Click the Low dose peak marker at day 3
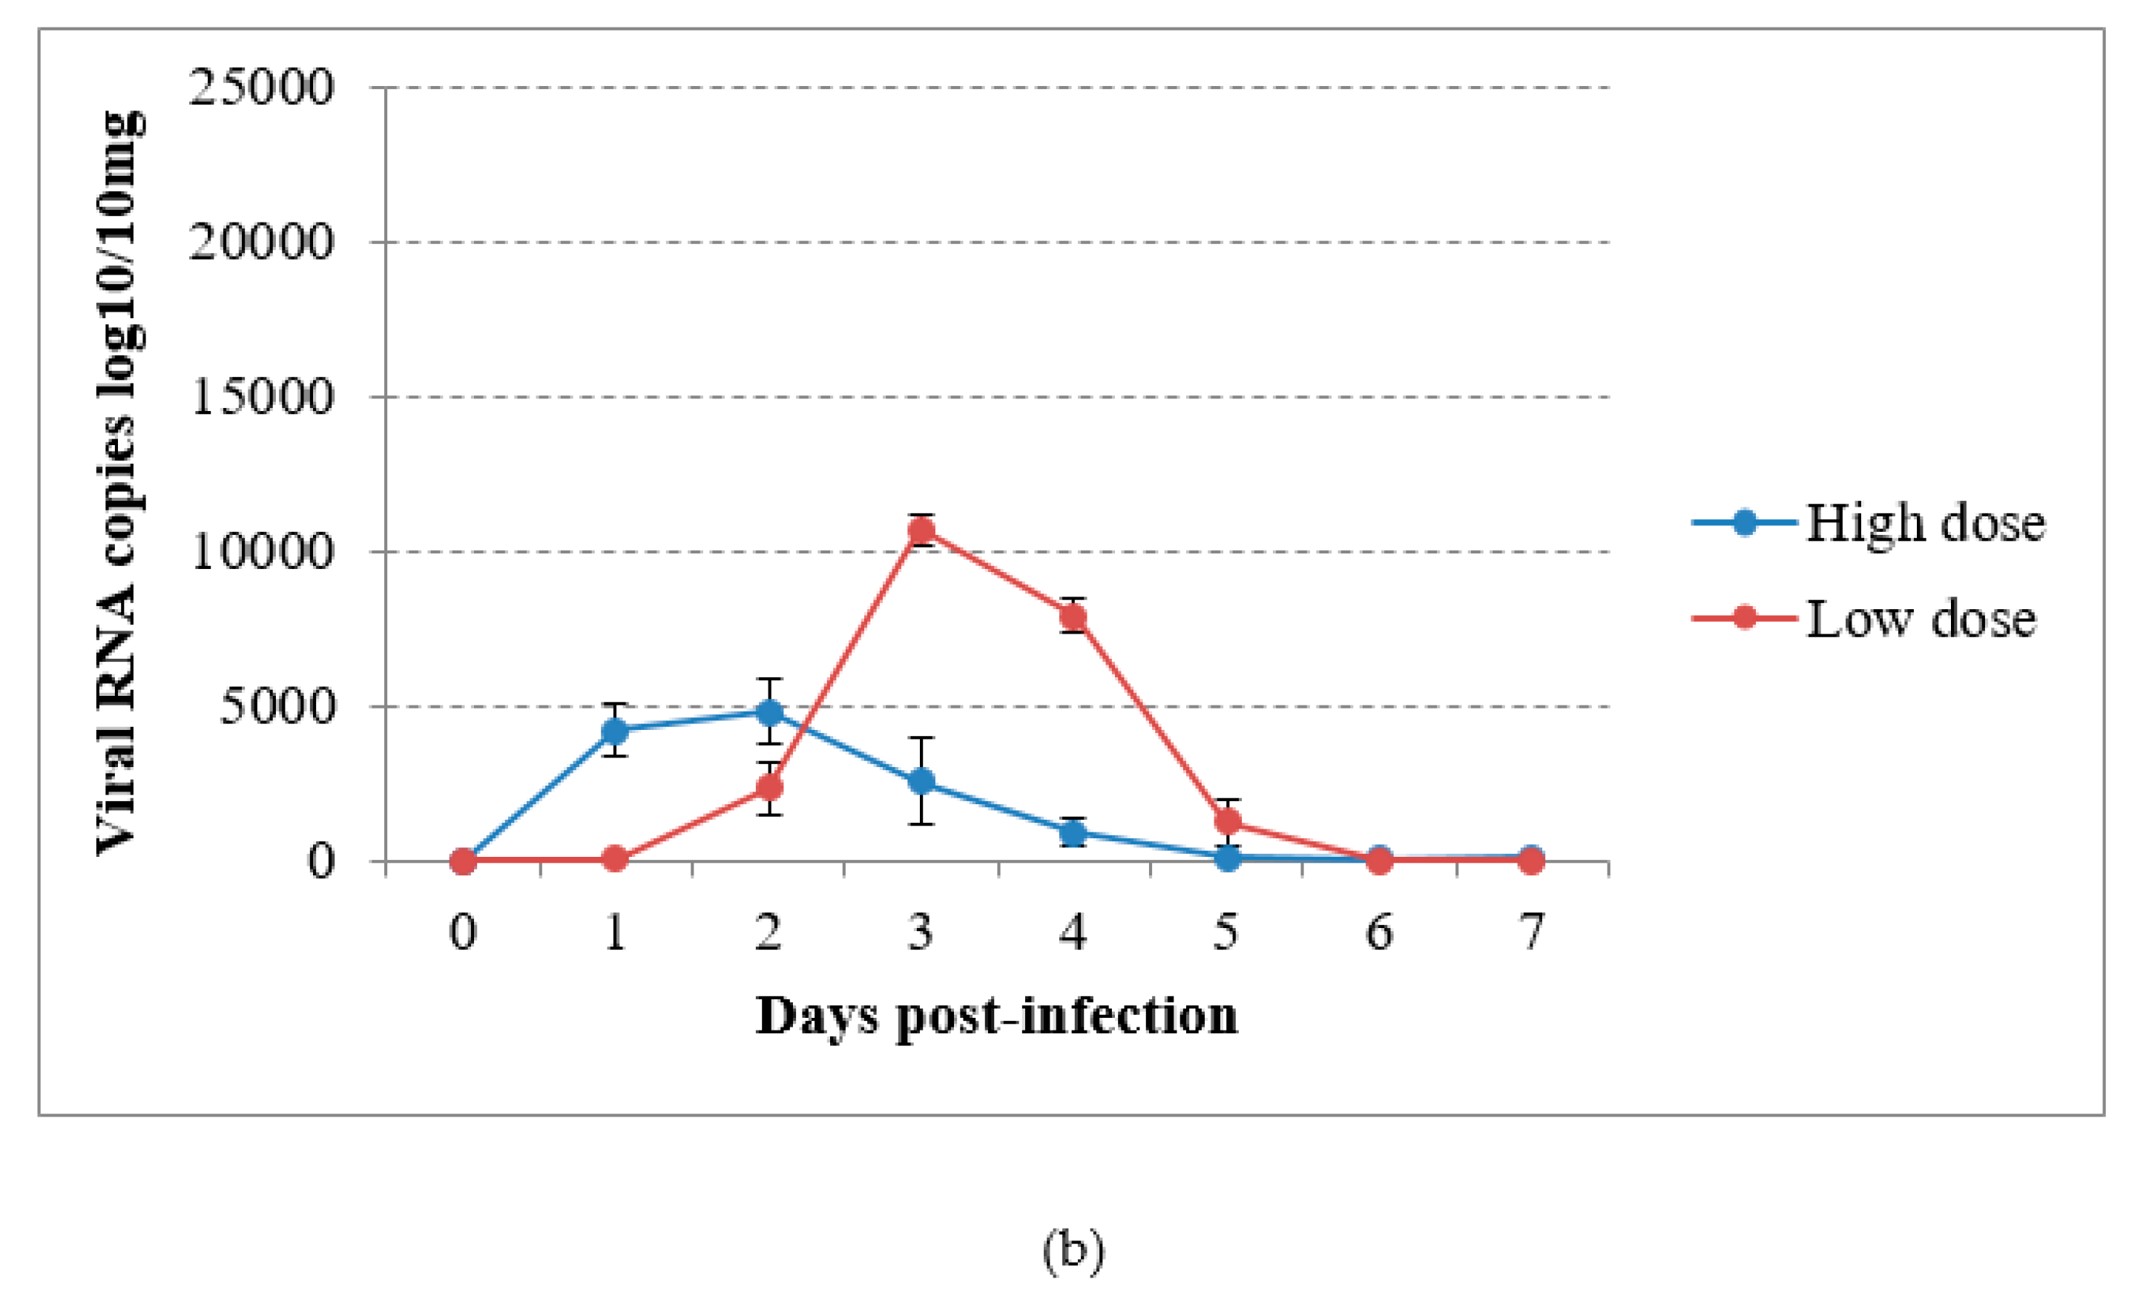(921, 530)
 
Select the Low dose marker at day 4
(1073, 616)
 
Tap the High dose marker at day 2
(769, 712)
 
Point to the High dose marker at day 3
(921, 781)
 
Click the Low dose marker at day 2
(769, 787)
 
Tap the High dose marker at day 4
(1073, 833)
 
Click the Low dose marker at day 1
(615, 859)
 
